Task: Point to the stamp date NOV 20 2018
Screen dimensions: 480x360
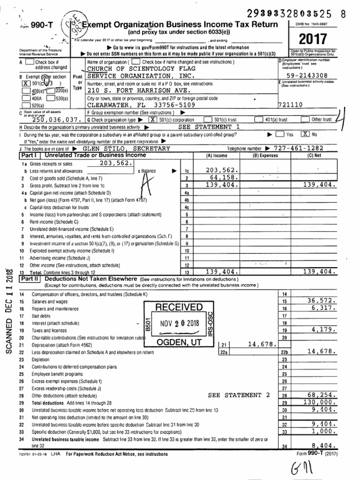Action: point(179,323)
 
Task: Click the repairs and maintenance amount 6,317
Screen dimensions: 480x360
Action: point(323,308)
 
